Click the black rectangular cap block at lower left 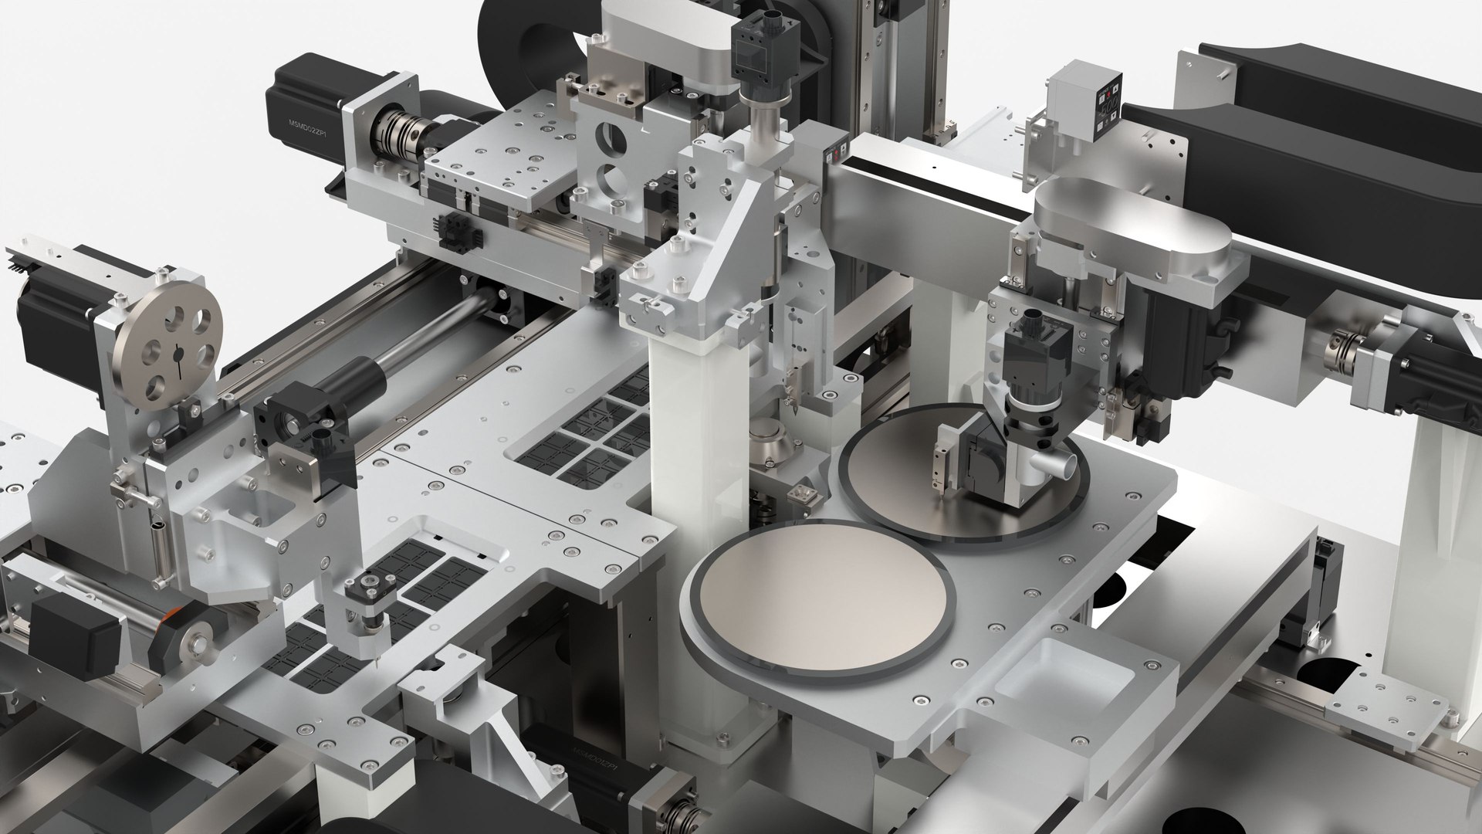pos(73,637)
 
